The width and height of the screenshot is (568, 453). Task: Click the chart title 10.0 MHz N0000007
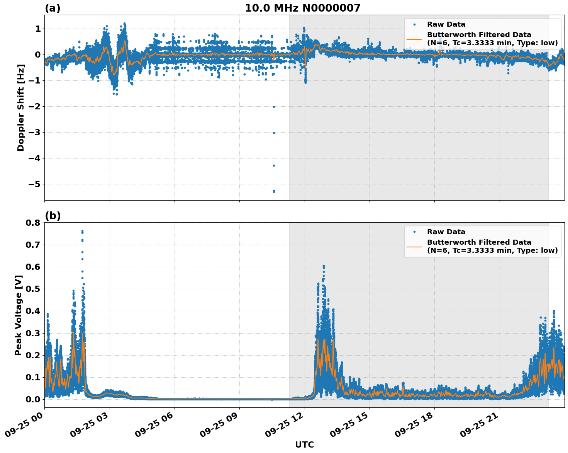[302, 8]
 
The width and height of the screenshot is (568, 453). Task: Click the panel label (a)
[53, 8]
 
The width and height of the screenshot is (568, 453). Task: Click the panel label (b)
[53, 216]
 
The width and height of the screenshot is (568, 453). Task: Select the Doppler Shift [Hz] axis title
[21, 107]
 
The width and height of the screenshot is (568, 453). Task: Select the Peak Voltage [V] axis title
[19, 315]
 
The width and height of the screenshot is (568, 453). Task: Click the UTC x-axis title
[304, 444]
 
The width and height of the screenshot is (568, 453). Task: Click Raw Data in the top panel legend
[446, 24]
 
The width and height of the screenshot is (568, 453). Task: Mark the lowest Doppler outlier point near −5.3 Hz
[274, 191]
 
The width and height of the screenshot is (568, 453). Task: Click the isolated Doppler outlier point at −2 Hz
[274, 107]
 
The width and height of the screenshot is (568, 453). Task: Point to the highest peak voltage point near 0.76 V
[82, 231]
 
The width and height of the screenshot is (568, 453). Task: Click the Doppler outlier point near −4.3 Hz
[274, 165]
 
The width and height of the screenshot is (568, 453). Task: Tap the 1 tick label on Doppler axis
[38, 29]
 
